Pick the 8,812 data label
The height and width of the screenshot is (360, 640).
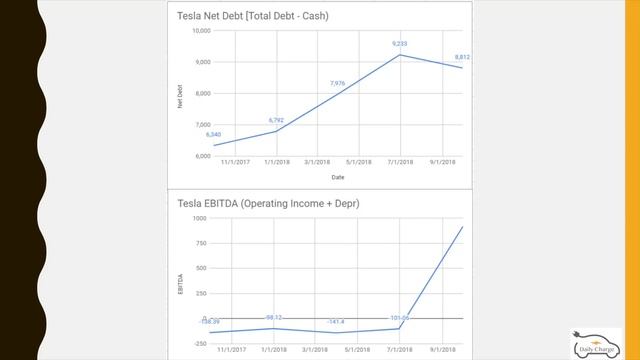(x=461, y=57)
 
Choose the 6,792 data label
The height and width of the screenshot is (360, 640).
(x=277, y=120)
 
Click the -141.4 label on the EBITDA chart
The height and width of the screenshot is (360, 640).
(x=337, y=322)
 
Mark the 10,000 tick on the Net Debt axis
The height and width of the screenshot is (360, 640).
(x=200, y=31)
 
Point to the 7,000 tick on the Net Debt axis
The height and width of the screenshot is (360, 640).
(x=202, y=125)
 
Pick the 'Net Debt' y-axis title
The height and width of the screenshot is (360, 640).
(x=180, y=94)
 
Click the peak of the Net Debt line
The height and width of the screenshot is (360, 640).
(x=400, y=54)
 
